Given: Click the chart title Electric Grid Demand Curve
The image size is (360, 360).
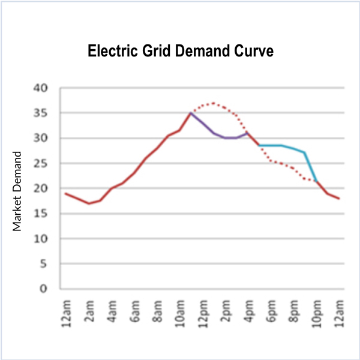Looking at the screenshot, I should click(x=181, y=51).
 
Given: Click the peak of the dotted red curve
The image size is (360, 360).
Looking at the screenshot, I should click(x=213, y=103).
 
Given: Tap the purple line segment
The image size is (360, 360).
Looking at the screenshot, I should click(x=214, y=133).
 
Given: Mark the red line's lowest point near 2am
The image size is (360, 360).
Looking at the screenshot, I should click(x=89, y=203).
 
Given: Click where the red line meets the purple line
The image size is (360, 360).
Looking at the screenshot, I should click(x=191, y=113).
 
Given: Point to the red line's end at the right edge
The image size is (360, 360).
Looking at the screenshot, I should click(x=340, y=199).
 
